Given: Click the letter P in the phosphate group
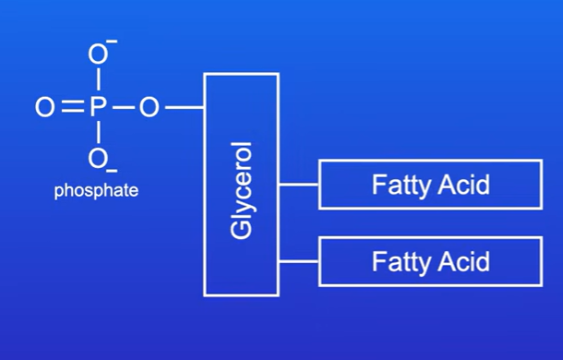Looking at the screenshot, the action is click(x=98, y=107).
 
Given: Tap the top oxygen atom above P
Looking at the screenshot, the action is click(x=98, y=54).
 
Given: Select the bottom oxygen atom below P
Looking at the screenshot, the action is click(x=98, y=159).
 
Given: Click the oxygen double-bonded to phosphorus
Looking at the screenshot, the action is click(x=45, y=107).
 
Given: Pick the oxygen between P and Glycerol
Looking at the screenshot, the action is click(x=149, y=107).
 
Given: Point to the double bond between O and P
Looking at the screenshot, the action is click(x=73, y=107).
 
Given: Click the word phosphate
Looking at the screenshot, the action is click(x=96, y=190).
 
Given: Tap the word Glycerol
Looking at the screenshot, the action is click(x=241, y=190).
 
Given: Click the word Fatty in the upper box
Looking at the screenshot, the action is click(x=401, y=185).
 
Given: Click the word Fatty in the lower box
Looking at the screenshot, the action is click(x=401, y=262).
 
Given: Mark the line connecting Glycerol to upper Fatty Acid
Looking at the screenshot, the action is click(x=299, y=185).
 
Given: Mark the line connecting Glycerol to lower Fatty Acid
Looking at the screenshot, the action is click(x=299, y=261).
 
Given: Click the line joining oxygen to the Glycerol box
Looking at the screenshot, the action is click(x=185, y=107).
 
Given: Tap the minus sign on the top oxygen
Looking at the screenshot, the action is click(x=112, y=42).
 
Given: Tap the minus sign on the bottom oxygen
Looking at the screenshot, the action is click(x=112, y=170).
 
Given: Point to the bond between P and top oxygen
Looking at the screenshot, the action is click(x=99, y=79).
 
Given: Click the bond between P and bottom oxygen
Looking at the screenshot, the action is click(x=99, y=133).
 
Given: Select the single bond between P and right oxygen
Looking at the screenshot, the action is click(x=123, y=107).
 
